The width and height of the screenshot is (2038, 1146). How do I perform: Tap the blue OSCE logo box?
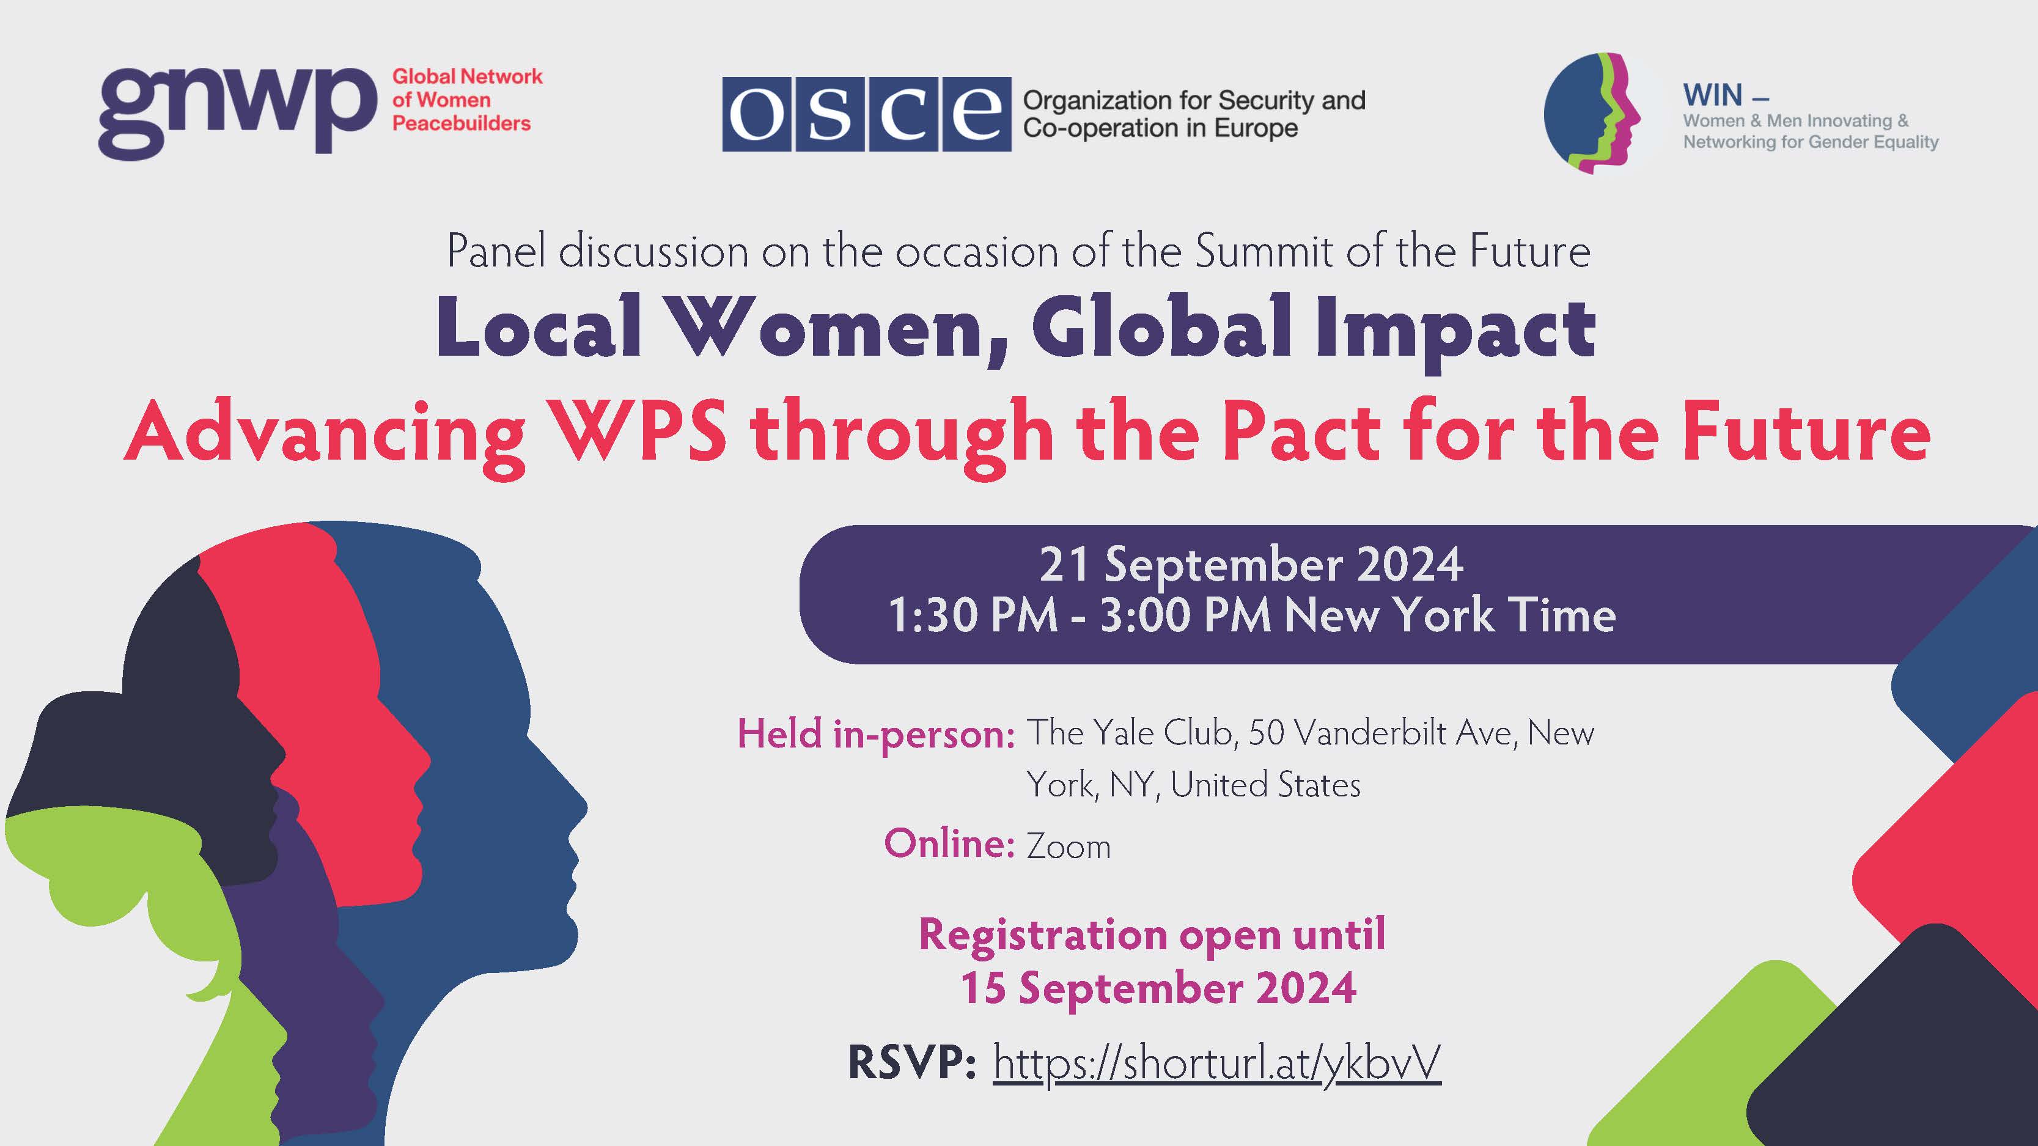(866, 114)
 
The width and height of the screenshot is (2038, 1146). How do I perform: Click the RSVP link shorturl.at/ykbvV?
(1217, 1063)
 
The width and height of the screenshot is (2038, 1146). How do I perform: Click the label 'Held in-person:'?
(876, 734)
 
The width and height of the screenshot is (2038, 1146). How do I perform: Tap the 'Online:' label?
(949, 843)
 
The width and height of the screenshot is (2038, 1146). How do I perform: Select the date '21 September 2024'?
(1251, 564)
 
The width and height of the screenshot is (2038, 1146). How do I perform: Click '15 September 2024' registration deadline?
(1158, 988)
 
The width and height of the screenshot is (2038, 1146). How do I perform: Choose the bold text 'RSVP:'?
(911, 1062)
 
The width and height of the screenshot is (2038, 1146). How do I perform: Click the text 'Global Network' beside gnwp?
(468, 77)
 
